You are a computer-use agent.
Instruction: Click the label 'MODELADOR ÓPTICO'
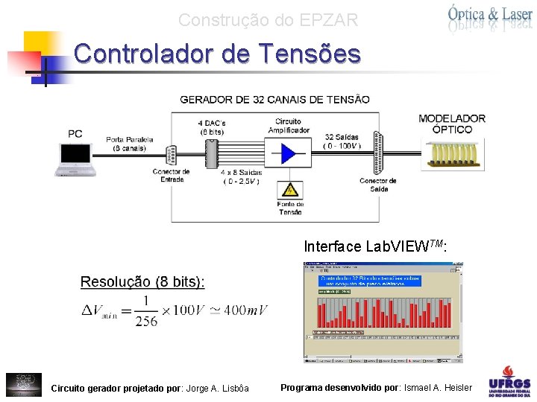[x=452, y=124]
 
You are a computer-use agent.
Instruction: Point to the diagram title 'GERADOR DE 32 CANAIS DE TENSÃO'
[x=274, y=99]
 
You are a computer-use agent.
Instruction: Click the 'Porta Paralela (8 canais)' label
[x=129, y=144]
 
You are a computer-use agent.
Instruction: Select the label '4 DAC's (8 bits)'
[x=211, y=127]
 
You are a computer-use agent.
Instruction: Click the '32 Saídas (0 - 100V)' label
[x=343, y=141]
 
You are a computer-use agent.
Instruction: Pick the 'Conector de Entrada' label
[x=171, y=176]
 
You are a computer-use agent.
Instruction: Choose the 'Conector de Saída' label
[x=377, y=184]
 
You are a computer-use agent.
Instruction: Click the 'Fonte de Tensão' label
[x=289, y=208]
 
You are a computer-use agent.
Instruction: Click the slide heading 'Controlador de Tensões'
[x=217, y=54]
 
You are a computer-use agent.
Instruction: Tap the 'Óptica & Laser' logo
[x=489, y=17]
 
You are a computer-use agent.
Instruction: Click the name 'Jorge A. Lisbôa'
[x=217, y=388]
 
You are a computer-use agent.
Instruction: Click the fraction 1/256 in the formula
[x=147, y=310]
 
